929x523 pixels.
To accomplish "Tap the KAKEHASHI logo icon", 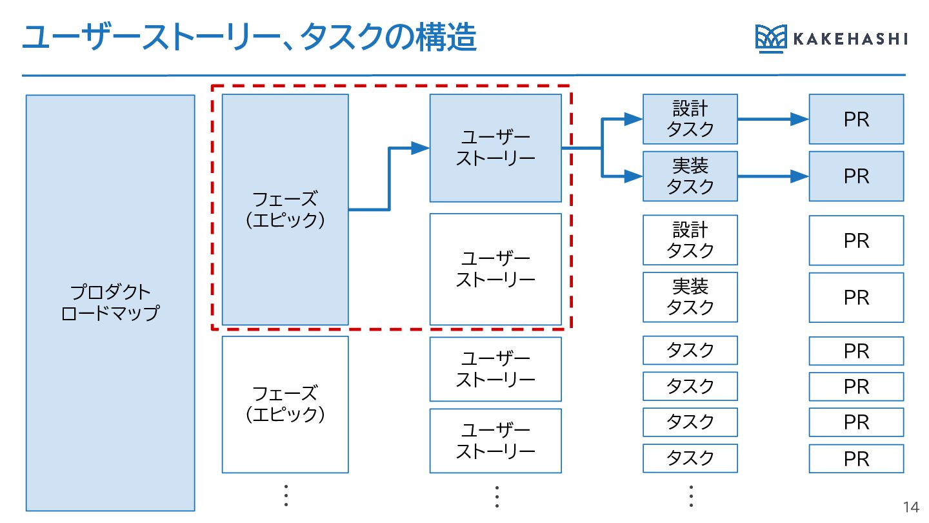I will pyautogui.click(x=770, y=39).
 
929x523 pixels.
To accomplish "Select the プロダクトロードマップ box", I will pyautogui.click(x=110, y=303).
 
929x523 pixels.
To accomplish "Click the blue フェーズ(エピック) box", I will pyautogui.click(x=285, y=209).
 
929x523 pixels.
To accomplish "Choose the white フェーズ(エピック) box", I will pyautogui.click(x=285, y=404).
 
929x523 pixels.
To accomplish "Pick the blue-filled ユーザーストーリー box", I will pyautogui.click(x=495, y=148).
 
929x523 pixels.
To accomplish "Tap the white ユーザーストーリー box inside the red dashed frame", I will pyautogui.click(x=495, y=269).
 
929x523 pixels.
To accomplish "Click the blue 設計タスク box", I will pyautogui.click(x=690, y=119).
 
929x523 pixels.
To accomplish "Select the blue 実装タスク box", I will pyautogui.click(x=690, y=176).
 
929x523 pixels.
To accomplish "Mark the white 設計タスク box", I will pyautogui.click(x=690, y=240).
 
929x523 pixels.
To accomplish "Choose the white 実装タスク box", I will pyautogui.click(x=690, y=297).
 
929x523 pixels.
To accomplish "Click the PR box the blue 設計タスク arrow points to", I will pyautogui.click(x=856, y=119).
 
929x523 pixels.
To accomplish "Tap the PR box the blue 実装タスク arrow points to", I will pyautogui.click(x=856, y=176).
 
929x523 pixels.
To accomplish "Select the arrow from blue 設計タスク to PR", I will pyautogui.click(x=773, y=119).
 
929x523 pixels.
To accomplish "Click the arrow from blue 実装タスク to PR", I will pyautogui.click(x=773, y=176).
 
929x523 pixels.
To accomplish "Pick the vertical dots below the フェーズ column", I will pyautogui.click(x=286, y=495).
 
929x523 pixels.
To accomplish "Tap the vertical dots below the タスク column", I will pyautogui.click(x=690, y=495).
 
